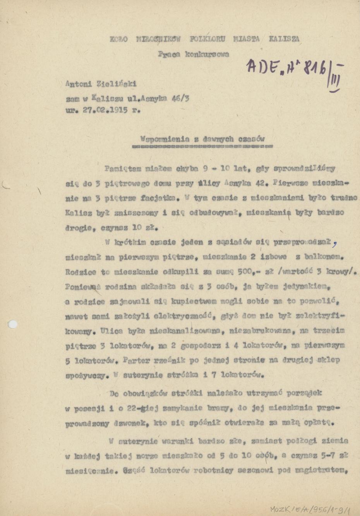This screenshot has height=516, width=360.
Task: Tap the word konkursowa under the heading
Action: pyautogui.click(x=207, y=55)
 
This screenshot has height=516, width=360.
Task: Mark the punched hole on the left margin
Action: pyautogui.click(x=13, y=324)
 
